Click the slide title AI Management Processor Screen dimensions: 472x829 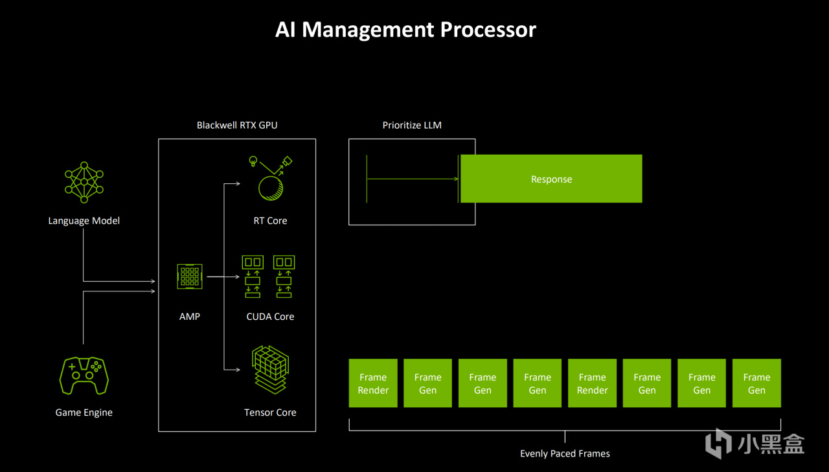click(x=405, y=30)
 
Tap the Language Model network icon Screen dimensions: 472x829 click(x=84, y=182)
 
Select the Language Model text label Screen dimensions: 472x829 click(x=84, y=221)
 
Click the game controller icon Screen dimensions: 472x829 click(x=84, y=376)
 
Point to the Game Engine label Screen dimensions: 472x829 click(x=84, y=412)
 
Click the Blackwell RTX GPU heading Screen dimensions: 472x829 click(x=237, y=125)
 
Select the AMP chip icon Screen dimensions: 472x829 click(x=190, y=276)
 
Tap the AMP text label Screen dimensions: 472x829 click(x=190, y=317)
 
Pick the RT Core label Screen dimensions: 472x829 click(x=270, y=221)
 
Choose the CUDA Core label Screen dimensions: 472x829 click(x=270, y=317)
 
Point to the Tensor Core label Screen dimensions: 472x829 click(x=270, y=412)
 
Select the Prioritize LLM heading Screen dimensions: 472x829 click(x=412, y=125)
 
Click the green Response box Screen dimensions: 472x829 click(x=551, y=179)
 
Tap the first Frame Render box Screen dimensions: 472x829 click(x=373, y=383)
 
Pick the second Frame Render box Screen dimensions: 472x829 click(x=592, y=383)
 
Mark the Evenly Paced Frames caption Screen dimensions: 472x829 click(x=565, y=454)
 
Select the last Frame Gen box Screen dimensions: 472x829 click(x=756, y=383)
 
